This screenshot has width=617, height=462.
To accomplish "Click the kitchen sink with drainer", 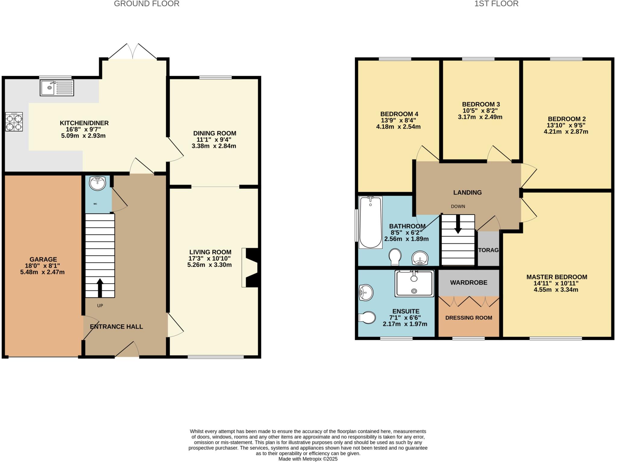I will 57,88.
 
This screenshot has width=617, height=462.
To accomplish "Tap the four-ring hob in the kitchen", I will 14,122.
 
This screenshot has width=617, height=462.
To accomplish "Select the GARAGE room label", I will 43,259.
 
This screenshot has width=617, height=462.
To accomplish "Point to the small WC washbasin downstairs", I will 97,183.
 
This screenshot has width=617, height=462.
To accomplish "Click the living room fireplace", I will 251,267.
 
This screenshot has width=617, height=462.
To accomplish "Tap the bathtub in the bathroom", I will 370,222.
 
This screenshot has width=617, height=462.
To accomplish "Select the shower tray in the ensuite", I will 414,283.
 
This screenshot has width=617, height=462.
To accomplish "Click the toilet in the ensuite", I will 367,317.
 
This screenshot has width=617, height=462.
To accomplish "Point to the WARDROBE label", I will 468,283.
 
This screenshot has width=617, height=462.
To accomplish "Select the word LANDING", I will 467,192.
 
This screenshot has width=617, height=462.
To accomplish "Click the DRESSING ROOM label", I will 468,318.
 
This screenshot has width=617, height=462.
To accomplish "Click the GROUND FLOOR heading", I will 146,4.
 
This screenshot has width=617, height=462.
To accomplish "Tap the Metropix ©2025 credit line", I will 308,459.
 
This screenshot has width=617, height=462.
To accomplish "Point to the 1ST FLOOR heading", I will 496,4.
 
